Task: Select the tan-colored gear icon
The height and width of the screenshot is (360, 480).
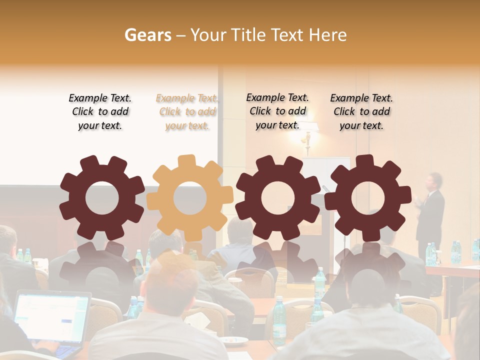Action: (x=189, y=197)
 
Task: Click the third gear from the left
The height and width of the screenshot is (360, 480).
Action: (x=277, y=197)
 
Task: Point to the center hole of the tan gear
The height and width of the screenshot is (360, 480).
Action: (x=190, y=198)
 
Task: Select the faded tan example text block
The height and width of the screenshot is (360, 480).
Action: (x=187, y=112)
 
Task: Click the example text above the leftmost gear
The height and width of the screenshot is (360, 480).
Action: (x=100, y=112)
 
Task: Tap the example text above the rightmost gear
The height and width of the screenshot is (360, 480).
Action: (x=361, y=112)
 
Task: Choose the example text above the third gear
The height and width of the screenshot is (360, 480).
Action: (x=277, y=111)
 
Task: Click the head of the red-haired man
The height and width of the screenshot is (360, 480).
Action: (x=172, y=277)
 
